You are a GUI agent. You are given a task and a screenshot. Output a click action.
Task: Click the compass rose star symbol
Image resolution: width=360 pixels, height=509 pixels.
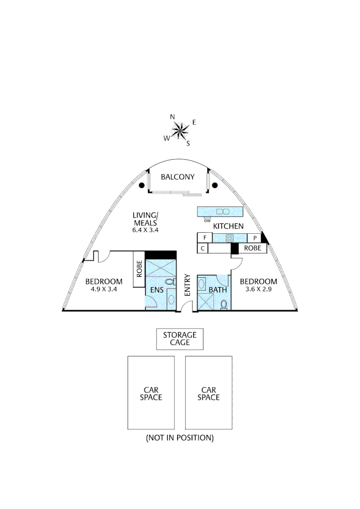(180, 131)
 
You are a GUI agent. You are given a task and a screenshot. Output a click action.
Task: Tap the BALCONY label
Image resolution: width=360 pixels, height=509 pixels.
(178, 177)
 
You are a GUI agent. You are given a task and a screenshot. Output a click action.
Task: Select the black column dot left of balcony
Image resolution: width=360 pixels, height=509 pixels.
(141, 185)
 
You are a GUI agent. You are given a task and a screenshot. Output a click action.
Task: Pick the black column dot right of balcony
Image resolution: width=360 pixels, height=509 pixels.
(214, 185)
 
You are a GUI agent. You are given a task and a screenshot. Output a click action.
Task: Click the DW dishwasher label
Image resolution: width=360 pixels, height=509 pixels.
(207, 221)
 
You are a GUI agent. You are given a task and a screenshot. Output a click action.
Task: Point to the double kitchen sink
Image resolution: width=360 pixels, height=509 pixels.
(223, 212)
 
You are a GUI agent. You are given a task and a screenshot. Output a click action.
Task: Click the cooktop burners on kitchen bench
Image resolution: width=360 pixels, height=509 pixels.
(229, 238)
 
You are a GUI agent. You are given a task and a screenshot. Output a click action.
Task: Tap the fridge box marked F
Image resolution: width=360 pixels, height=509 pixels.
(205, 238)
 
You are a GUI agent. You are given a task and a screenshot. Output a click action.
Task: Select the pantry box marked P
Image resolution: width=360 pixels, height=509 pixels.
(255, 238)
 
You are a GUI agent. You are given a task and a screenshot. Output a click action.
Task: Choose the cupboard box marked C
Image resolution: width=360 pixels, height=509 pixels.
(203, 248)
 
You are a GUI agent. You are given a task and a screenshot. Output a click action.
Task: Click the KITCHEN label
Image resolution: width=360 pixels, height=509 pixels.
(228, 226)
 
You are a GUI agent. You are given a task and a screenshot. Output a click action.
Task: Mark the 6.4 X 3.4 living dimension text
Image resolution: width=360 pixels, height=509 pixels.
(145, 230)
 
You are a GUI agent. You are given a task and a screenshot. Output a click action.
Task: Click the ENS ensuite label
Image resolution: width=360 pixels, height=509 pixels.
(157, 289)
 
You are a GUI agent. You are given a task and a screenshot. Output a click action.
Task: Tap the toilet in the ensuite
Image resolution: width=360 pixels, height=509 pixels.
(171, 282)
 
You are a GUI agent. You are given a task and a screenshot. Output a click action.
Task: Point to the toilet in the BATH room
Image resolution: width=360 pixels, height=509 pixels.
(224, 304)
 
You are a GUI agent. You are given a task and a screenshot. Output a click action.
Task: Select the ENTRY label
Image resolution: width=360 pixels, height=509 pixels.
(188, 285)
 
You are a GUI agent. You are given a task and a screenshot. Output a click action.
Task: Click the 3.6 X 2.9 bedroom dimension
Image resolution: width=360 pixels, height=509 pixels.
(258, 289)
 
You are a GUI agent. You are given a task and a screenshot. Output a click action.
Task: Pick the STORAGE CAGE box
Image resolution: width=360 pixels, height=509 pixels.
(180, 339)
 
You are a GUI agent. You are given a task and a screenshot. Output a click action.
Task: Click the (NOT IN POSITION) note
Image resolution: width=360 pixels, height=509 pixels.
(180, 437)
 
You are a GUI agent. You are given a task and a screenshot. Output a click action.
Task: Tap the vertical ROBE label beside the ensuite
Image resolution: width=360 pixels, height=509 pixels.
(139, 269)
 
